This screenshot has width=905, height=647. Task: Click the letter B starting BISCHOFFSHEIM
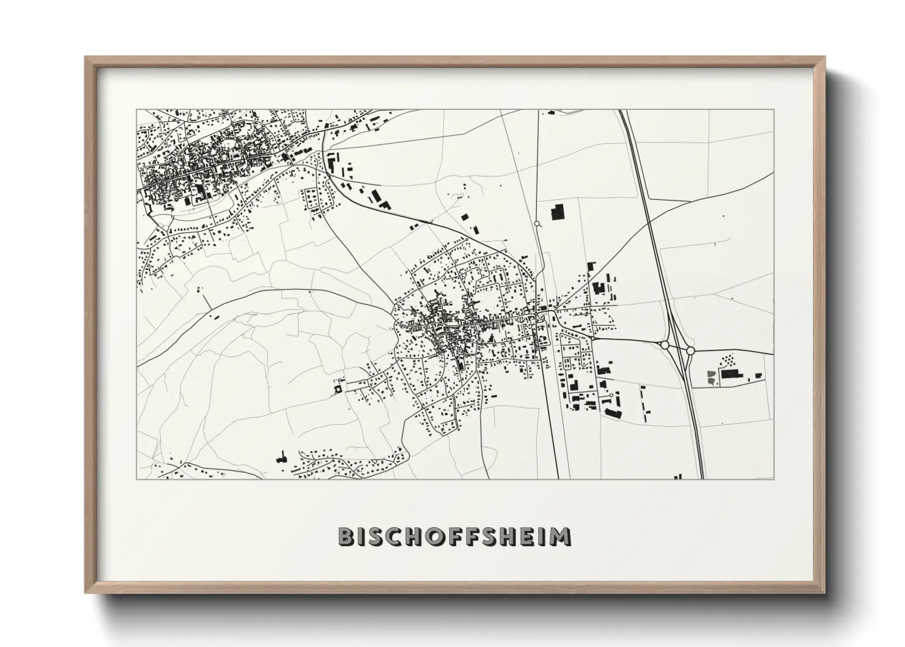click(347, 536)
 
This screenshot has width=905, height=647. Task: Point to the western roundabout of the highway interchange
click(665, 346)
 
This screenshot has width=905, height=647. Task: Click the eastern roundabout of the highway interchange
click(690, 350)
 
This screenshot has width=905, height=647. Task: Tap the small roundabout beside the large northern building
click(537, 224)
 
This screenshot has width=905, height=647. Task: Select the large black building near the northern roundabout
click(558, 213)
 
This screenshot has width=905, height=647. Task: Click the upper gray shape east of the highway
click(711, 373)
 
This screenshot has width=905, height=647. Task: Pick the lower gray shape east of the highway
click(711, 382)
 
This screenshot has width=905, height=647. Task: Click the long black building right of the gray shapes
click(730, 374)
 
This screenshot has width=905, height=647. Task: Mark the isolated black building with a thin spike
click(282, 457)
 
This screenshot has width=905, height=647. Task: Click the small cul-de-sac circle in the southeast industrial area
click(610, 396)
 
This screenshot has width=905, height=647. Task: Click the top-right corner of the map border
click(774, 110)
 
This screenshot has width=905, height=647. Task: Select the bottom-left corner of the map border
click(137, 479)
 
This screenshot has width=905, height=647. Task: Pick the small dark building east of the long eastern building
click(759, 375)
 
